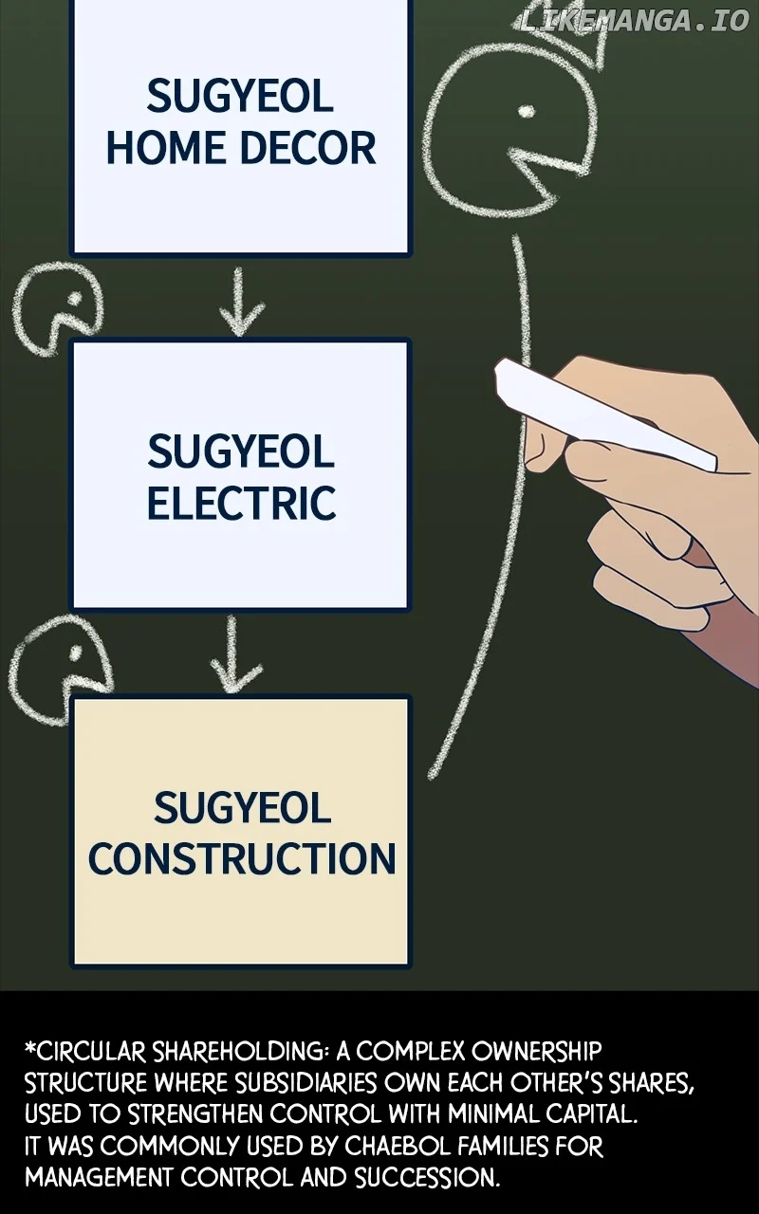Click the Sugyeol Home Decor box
pyautogui.click(x=241, y=123)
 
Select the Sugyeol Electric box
pyautogui.click(x=241, y=474)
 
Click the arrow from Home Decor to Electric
pyautogui.click(x=241, y=302)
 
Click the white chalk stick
pyautogui.click(x=598, y=414)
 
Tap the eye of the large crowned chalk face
pyautogui.click(x=526, y=112)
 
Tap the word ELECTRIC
pyautogui.click(x=241, y=503)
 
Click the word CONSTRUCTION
pyautogui.click(x=241, y=857)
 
